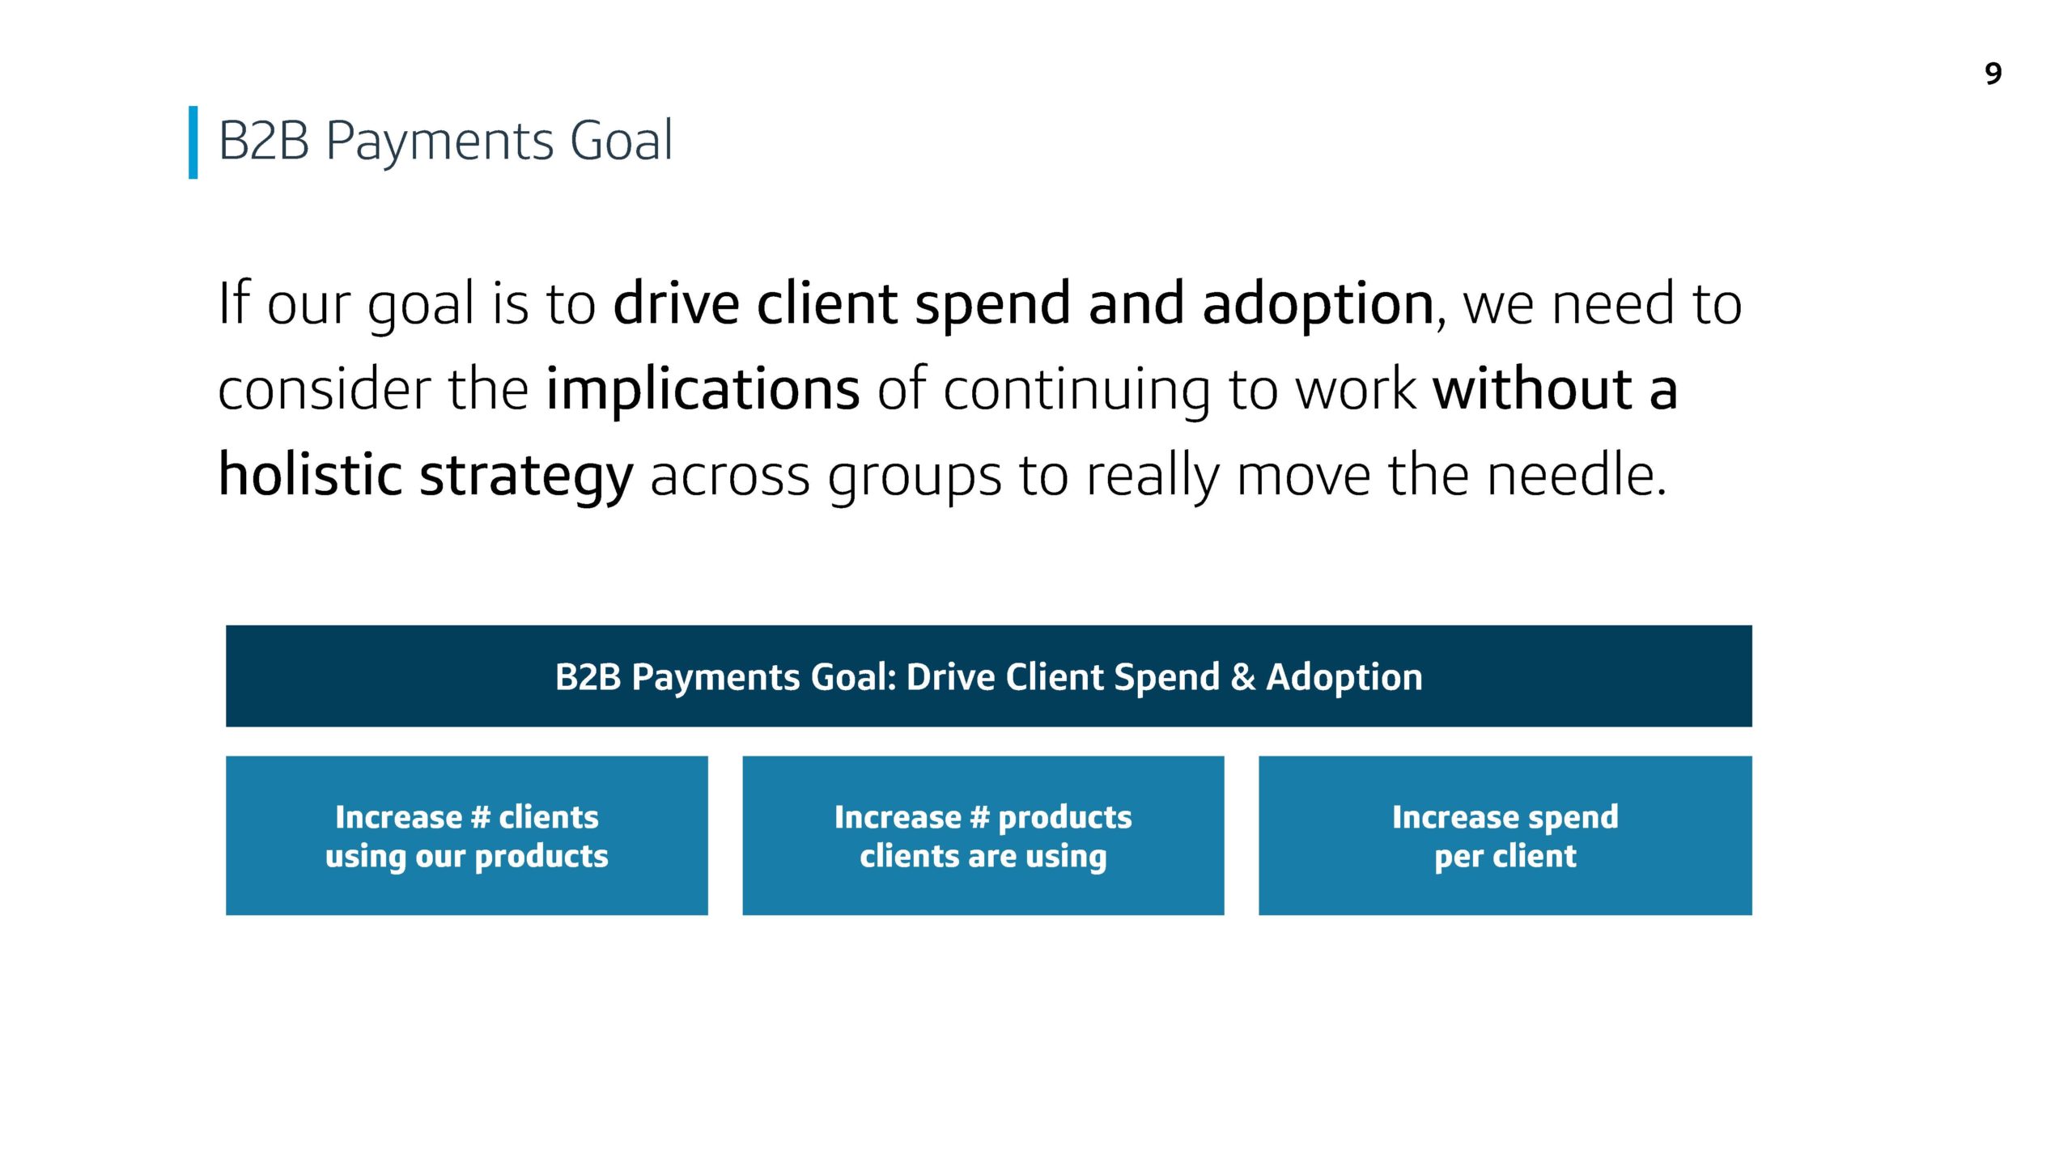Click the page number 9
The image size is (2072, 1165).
tap(1993, 74)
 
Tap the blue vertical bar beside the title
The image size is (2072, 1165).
tap(193, 142)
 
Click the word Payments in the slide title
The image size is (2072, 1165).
tap(439, 142)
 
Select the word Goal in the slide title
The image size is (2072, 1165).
tap(621, 140)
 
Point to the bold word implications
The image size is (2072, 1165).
tap(703, 390)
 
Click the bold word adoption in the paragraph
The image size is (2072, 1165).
tap(1318, 304)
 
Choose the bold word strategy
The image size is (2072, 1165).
tap(526, 477)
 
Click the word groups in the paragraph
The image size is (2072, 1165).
tap(915, 478)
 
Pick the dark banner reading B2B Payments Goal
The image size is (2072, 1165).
tap(989, 676)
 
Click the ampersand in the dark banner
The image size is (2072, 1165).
tap(1243, 677)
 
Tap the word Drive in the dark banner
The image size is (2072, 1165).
tap(951, 676)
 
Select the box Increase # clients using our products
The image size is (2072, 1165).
tap(467, 836)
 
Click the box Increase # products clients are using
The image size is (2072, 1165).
tap(983, 836)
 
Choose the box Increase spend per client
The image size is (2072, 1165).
tap(1505, 836)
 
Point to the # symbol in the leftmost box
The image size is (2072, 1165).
tap(481, 817)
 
